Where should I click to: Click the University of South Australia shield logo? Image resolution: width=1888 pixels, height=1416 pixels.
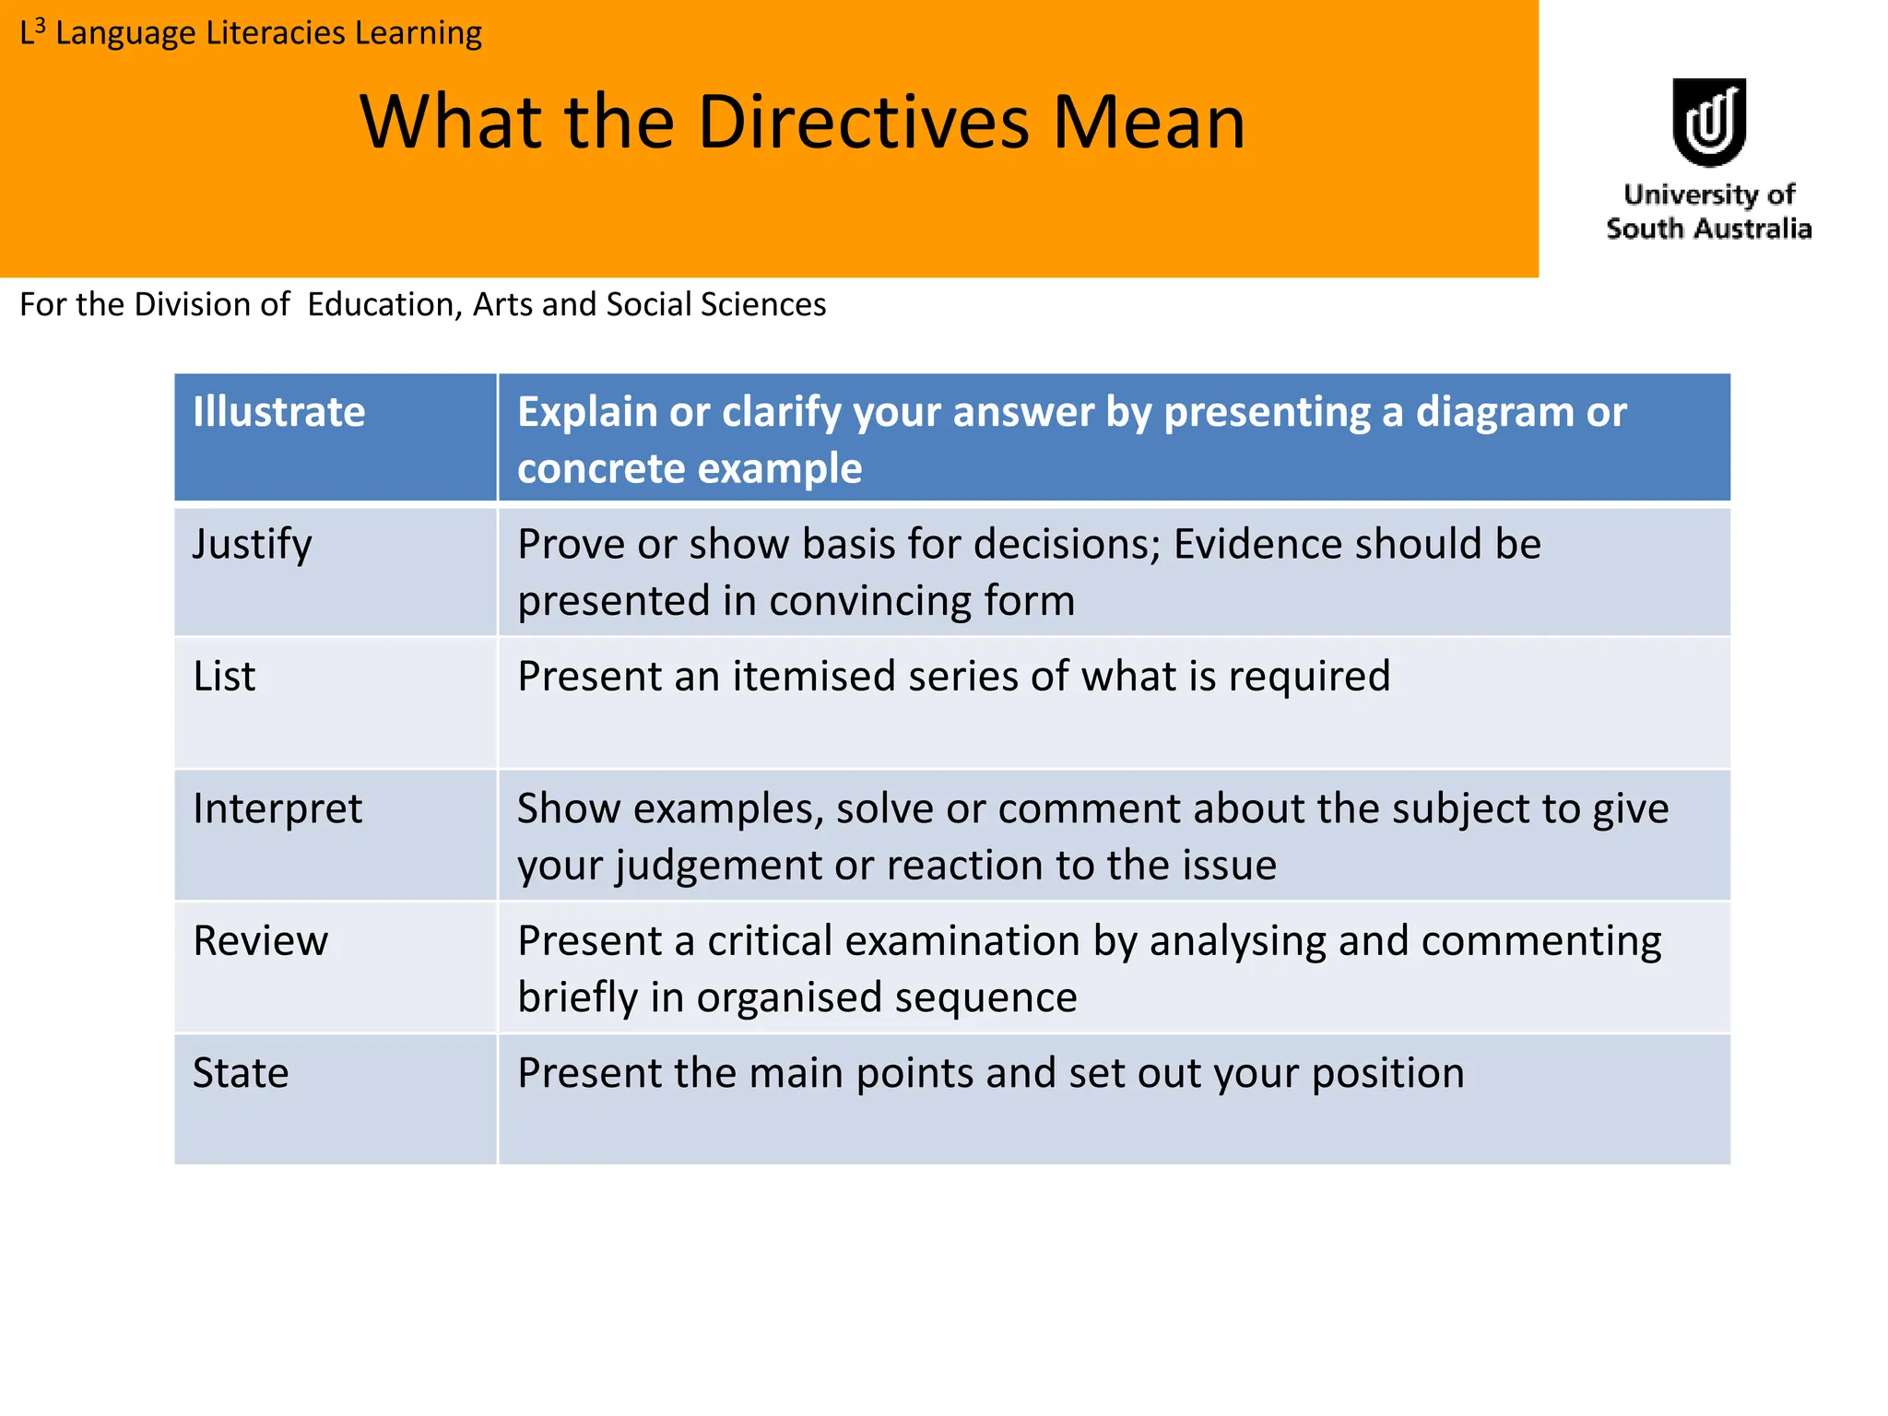[1708, 122]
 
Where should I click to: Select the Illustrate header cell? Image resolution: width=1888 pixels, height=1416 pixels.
[278, 412]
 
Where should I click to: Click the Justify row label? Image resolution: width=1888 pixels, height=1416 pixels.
[252, 544]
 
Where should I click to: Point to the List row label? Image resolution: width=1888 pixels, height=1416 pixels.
[224, 677]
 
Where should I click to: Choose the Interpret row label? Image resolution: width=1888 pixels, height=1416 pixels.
[277, 808]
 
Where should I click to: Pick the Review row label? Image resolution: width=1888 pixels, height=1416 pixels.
[260, 941]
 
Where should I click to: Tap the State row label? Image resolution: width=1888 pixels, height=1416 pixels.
[241, 1073]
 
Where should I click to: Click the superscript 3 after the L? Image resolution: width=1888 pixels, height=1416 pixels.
[40, 25]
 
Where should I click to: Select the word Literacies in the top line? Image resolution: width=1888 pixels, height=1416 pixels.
[276, 33]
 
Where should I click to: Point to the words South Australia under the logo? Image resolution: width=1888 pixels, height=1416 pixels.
[1708, 229]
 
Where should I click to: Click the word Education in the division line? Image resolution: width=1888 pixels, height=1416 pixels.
[384, 304]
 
